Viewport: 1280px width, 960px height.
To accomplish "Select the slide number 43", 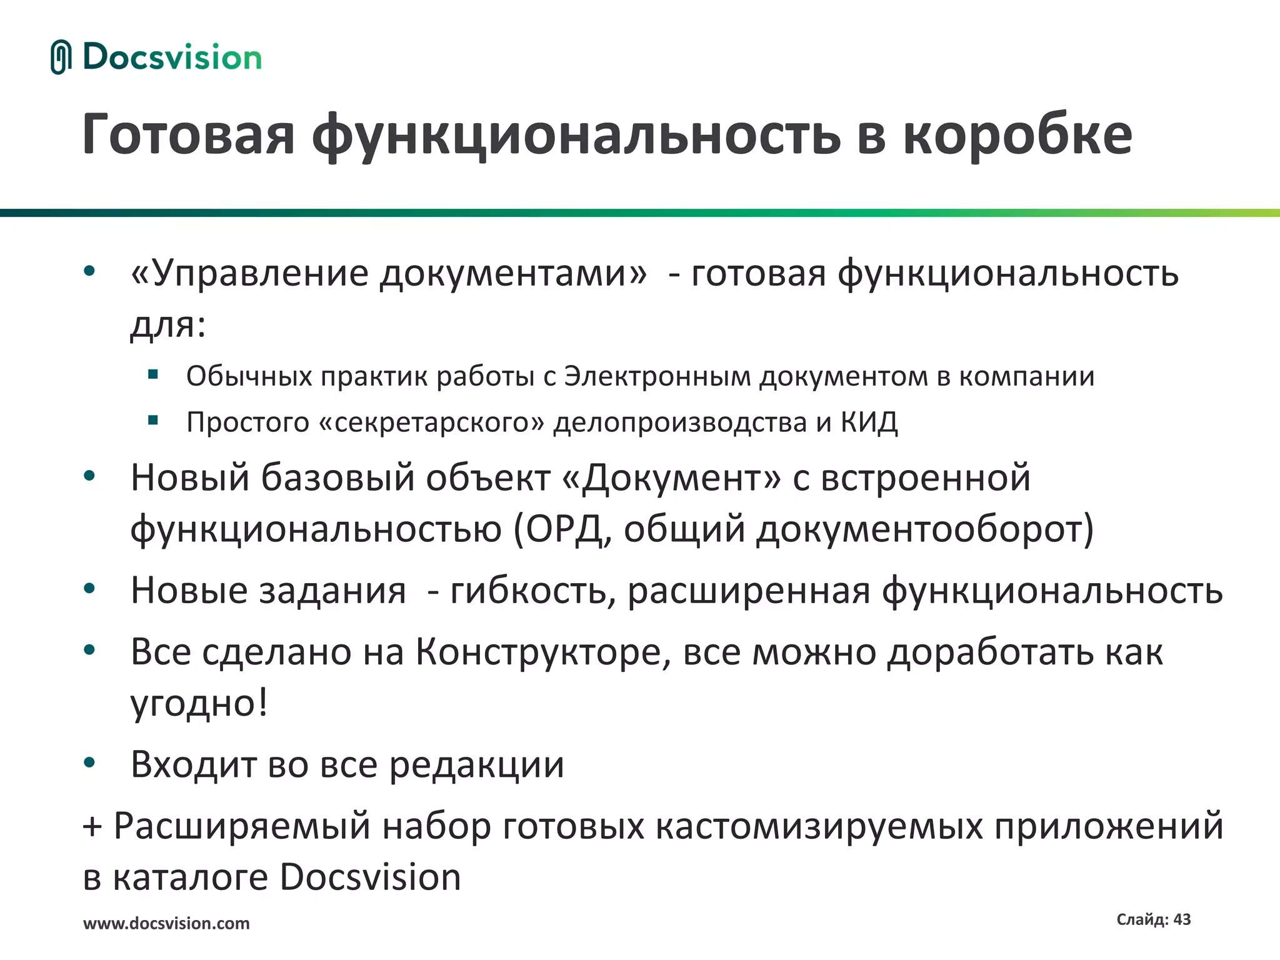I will click(x=1182, y=919).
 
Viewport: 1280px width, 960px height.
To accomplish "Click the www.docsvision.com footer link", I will click(x=166, y=923).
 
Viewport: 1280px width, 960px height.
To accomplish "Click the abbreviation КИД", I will click(x=869, y=422).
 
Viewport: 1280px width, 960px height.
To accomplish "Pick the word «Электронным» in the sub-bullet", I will click(x=657, y=376).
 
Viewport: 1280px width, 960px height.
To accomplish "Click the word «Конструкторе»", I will click(x=543, y=652).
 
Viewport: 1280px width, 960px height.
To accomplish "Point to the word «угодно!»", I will click(x=199, y=703).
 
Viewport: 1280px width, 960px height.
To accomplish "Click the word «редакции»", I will click(x=477, y=764).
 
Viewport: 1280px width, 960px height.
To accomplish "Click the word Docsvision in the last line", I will click(x=370, y=877).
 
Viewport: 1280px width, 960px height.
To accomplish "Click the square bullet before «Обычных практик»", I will click(x=153, y=376).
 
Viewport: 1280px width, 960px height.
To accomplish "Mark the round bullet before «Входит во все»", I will click(x=89, y=762).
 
